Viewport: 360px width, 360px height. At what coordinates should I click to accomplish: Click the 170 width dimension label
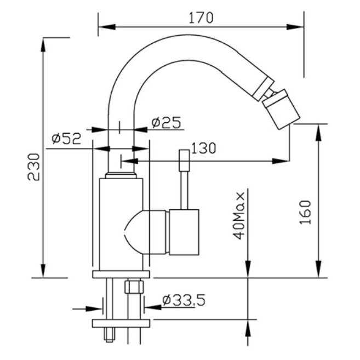pyautogui.click(x=201, y=18)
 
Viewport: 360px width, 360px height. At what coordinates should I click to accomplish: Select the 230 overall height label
pyautogui.click(x=33, y=167)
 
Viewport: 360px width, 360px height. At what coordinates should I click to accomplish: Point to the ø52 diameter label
pyautogui.click(x=67, y=139)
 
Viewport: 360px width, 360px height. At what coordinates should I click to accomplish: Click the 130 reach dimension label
pyautogui.click(x=204, y=148)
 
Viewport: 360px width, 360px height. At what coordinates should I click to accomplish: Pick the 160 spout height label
pyautogui.click(x=306, y=213)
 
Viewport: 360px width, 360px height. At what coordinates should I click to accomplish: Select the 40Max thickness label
pyautogui.click(x=239, y=216)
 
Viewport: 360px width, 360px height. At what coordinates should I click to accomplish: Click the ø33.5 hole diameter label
pyautogui.click(x=184, y=300)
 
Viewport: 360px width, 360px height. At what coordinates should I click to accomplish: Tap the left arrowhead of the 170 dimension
pyautogui.click(x=107, y=27)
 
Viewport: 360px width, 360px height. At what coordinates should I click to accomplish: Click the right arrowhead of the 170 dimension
pyautogui.click(x=295, y=27)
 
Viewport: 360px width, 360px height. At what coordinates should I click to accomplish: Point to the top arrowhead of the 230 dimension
pyautogui.click(x=43, y=46)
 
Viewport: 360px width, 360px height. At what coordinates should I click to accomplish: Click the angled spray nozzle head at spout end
pyautogui.click(x=282, y=109)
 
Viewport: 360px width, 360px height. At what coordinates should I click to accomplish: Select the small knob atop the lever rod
pyautogui.click(x=185, y=160)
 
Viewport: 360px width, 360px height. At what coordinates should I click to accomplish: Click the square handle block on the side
pyautogui.click(x=184, y=232)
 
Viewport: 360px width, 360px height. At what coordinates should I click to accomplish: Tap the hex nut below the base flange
pyautogui.click(x=134, y=286)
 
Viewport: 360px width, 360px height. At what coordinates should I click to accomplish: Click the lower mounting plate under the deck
pyautogui.click(x=121, y=323)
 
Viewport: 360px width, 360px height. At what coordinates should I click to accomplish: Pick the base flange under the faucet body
pyautogui.click(x=121, y=275)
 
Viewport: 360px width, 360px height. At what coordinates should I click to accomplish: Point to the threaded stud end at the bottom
pyautogui.click(x=109, y=334)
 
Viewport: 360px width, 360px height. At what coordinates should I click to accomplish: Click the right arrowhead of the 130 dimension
pyautogui.click(x=281, y=161)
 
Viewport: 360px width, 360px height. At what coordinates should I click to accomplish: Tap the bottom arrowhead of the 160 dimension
pyautogui.click(x=318, y=269)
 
